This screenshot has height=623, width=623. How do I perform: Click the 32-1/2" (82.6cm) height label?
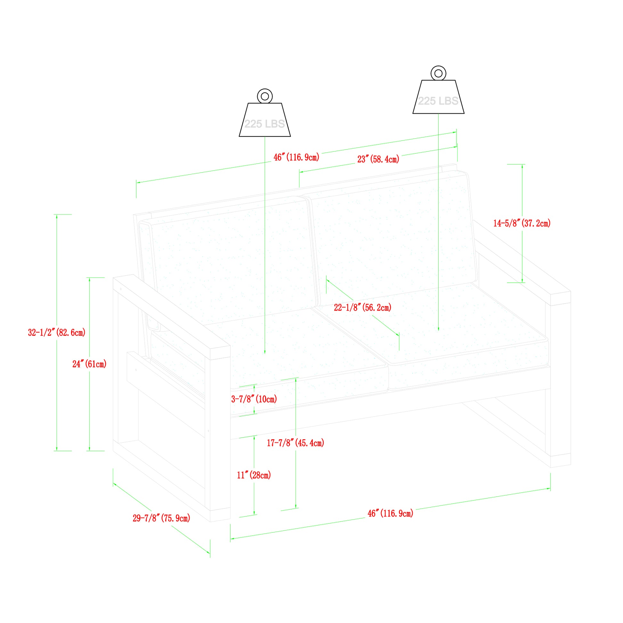coord(57,332)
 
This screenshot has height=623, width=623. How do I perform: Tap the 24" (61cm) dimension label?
coord(89,364)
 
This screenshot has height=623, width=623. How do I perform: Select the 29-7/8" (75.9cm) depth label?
coord(161,518)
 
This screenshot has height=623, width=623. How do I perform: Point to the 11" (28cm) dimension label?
coord(254,475)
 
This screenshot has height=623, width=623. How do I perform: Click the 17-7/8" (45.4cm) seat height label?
coord(295,443)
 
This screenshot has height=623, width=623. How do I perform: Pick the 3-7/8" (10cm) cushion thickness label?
coord(254,399)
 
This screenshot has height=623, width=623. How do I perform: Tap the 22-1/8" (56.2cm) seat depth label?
coord(362,307)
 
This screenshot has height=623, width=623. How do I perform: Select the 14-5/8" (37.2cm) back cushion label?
coord(522,223)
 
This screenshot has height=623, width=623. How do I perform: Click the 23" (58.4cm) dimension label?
coord(378,159)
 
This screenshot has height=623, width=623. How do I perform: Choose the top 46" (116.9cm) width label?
coord(296,158)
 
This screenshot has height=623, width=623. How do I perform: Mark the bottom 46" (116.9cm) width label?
coord(390,514)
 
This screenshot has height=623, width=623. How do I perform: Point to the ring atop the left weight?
coord(265,96)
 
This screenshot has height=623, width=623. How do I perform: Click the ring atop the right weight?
coord(438,74)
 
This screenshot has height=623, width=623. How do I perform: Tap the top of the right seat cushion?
coord(451,332)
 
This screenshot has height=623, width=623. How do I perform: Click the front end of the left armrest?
coord(220,353)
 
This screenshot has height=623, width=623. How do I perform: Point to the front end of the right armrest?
coord(561,298)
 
